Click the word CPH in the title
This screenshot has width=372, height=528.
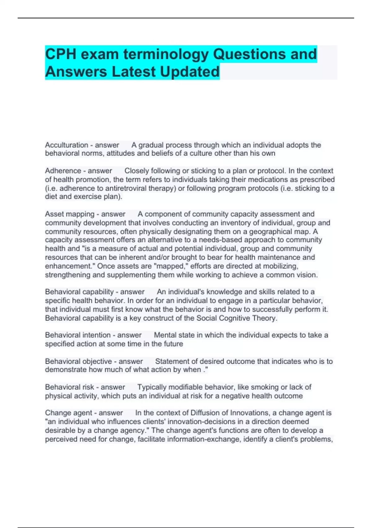[x=60, y=54]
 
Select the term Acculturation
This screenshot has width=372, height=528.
[x=66, y=145]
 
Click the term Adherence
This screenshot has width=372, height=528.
[x=63, y=171]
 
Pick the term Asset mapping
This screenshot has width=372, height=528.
[x=70, y=214]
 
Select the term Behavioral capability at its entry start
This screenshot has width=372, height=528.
[x=79, y=292]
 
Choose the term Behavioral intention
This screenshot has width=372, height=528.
[x=78, y=335]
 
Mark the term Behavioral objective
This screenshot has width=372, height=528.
[x=78, y=361]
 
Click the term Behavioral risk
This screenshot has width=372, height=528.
[x=69, y=387]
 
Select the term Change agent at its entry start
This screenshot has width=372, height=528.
[x=69, y=413]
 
